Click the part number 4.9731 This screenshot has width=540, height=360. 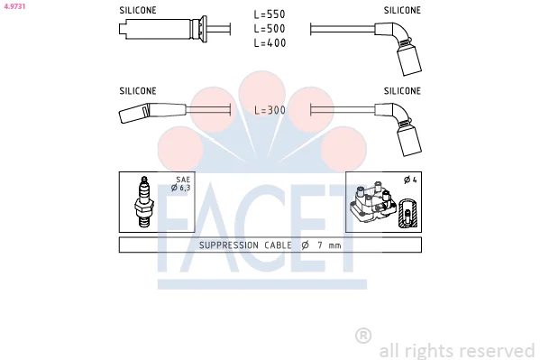click(x=14, y=6)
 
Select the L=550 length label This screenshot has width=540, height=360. click(x=270, y=14)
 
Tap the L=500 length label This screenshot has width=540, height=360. click(x=270, y=29)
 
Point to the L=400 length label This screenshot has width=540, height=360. click(x=270, y=42)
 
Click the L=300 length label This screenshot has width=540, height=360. click(x=270, y=110)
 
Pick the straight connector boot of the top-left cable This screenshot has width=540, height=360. click(x=163, y=29)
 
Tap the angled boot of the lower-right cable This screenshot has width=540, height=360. click(x=399, y=128)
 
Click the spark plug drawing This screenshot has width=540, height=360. click(x=143, y=202)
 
